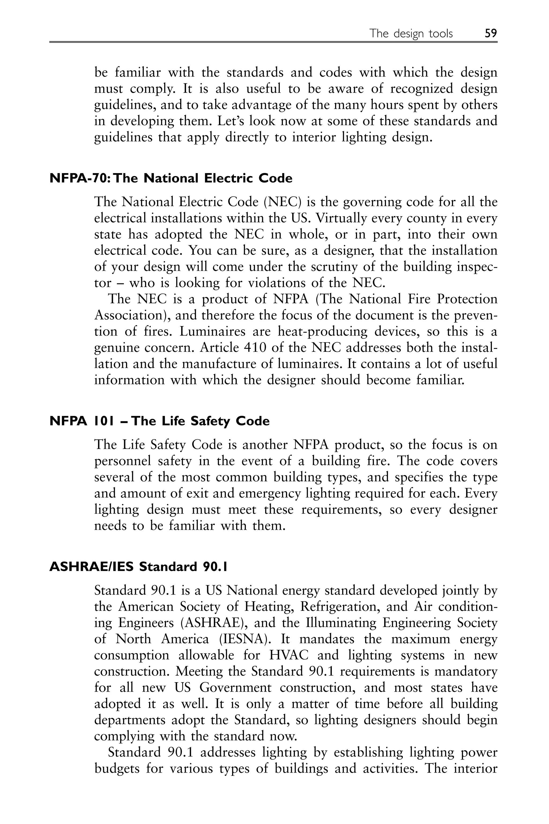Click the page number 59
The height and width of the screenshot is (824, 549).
491,33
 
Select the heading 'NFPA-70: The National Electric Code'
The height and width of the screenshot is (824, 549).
171,178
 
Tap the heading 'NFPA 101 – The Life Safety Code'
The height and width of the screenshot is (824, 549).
159,421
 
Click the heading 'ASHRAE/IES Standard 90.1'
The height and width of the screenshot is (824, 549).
138,566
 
